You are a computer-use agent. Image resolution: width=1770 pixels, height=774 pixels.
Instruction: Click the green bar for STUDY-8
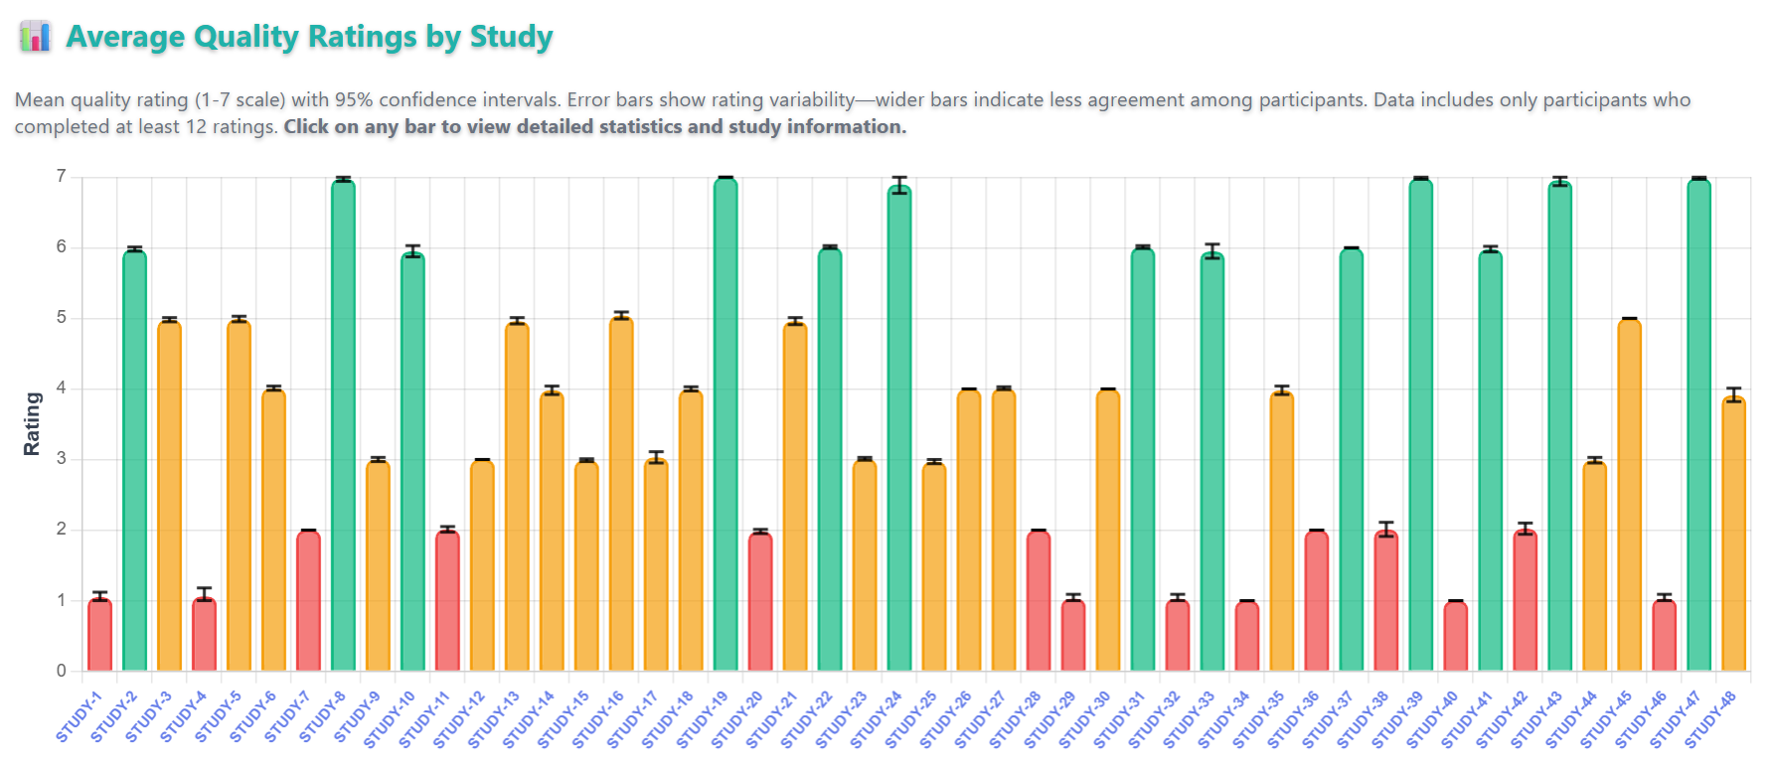pos(343,427)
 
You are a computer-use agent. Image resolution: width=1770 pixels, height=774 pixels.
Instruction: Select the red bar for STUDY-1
pos(99,636)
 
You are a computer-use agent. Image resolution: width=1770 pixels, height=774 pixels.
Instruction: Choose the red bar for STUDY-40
pos(1455,636)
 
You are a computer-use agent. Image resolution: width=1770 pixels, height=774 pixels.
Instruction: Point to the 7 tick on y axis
pos(62,177)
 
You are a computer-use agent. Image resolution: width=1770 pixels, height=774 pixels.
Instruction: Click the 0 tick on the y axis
pos(62,671)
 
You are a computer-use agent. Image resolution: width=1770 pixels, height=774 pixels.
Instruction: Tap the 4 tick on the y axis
pos(62,388)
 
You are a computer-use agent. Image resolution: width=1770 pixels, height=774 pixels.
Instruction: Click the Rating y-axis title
pos(32,424)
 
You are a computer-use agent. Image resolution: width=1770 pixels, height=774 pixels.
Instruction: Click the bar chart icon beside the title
pos(35,37)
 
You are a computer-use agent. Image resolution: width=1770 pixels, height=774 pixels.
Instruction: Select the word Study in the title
pos(511,37)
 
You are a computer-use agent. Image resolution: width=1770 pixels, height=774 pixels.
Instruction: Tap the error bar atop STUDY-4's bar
pos(204,593)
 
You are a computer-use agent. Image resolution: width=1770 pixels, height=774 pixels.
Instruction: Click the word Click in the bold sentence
pos(306,127)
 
